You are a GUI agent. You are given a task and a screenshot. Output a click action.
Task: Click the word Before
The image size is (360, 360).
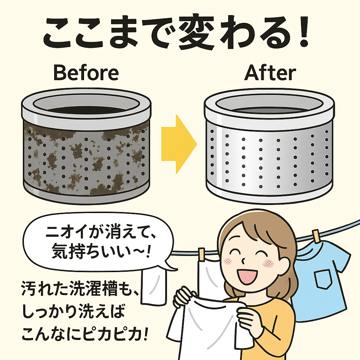click(86, 73)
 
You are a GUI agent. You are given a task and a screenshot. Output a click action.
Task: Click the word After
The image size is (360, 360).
click(270, 72)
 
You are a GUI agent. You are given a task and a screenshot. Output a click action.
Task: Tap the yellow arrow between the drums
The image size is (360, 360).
click(179, 144)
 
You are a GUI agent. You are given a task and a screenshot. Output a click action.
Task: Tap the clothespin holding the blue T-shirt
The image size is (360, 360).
click(316, 236)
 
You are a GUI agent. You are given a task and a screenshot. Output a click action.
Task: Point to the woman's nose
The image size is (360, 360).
click(243, 261)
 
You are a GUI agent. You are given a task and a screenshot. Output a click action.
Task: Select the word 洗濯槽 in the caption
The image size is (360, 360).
click(92, 288)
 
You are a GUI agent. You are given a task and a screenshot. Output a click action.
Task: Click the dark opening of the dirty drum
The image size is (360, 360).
click(86, 110)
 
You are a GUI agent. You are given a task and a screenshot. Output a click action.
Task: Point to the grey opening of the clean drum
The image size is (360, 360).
click(269, 110)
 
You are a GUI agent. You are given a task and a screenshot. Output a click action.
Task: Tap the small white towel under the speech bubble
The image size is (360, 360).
click(153, 287)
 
